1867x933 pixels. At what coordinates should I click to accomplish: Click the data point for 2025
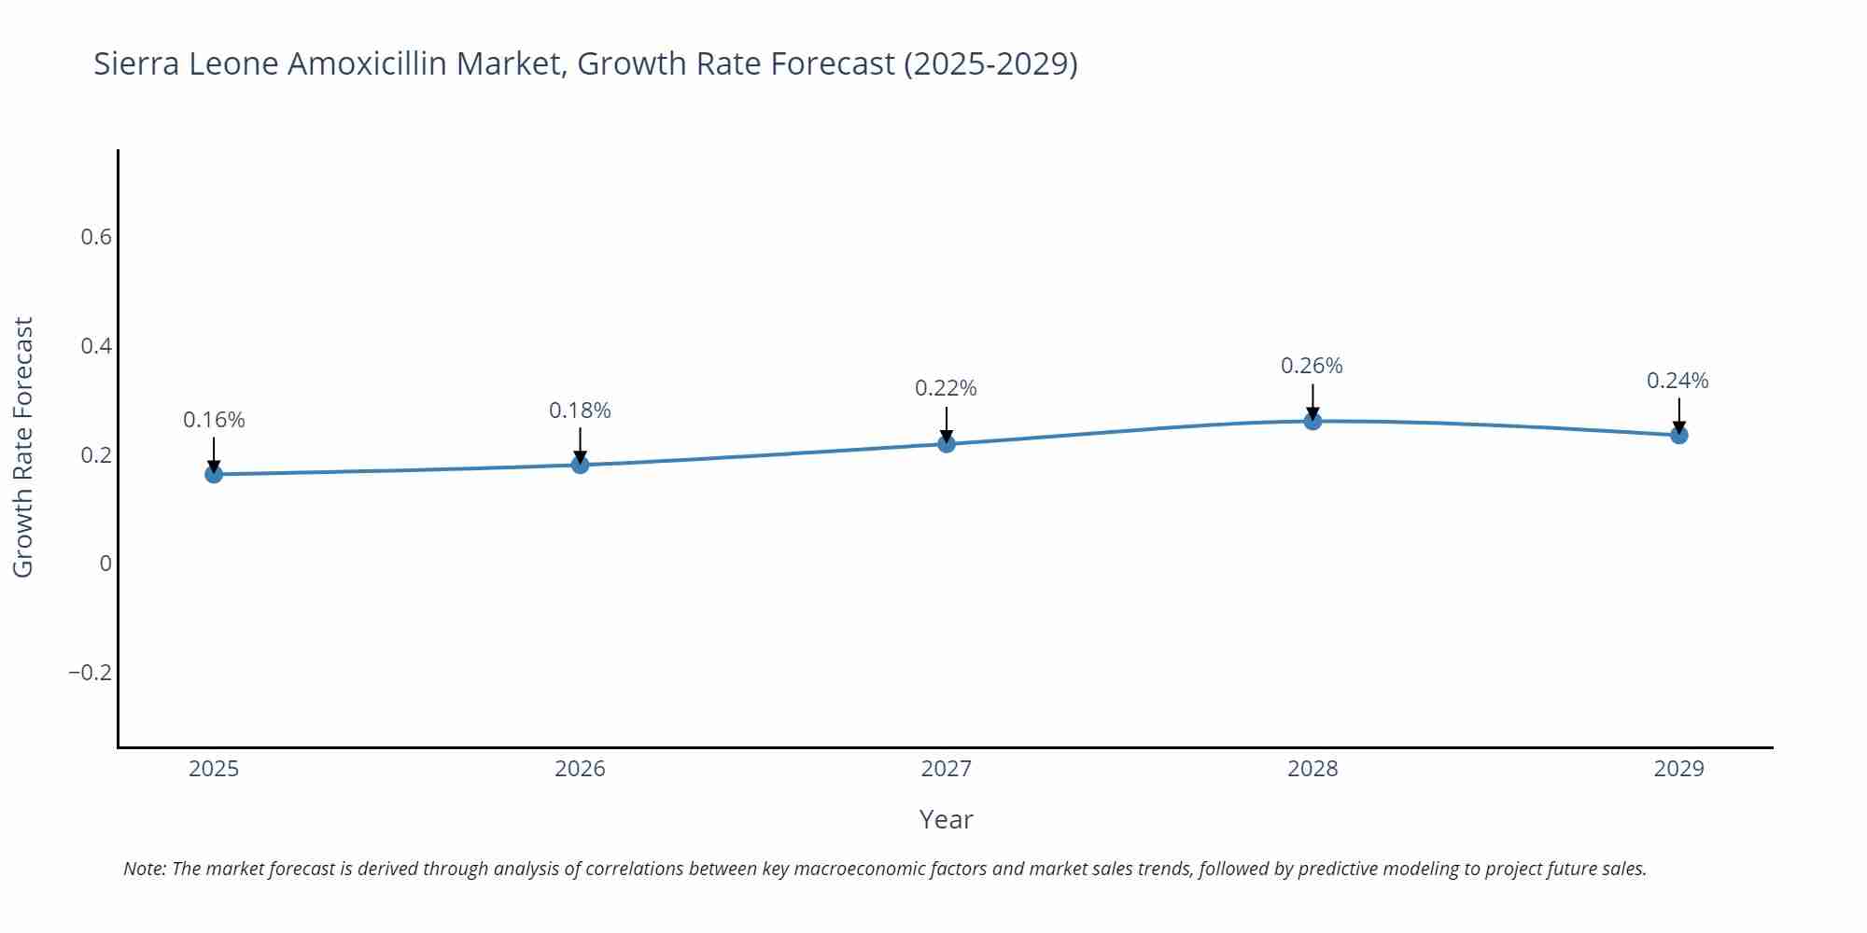pos(214,474)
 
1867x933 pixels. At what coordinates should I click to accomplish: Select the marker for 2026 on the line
pos(580,465)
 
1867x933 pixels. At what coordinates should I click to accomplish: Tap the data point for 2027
pos(947,443)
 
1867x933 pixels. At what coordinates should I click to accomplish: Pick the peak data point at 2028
pos(1313,421)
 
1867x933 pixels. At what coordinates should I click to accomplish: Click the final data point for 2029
pos(1678,435)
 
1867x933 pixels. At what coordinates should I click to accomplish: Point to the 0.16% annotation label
pos(214,420)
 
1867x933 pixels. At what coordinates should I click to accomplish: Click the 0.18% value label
pos(580,411)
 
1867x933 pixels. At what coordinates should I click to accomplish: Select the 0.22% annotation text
pos(946,388)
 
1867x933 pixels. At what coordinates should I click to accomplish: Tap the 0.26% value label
pos(1312,366)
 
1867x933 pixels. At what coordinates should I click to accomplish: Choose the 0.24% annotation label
pos(1677,381)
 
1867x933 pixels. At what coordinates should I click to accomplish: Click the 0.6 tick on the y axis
pos(96,237)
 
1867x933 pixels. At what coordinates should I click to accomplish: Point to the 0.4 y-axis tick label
pos(96,346)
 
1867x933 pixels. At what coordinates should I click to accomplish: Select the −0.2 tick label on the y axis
pos(90,673)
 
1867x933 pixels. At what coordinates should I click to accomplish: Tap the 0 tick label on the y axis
pos(105,564)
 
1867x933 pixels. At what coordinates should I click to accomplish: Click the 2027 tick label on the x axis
pos(946,769)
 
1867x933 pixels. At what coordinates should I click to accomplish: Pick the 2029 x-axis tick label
pos(1678,769)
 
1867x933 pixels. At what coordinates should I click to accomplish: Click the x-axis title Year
pos(946,819)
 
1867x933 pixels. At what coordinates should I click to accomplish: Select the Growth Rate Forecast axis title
pos(23,447)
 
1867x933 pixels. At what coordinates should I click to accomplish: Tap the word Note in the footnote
pos(144,869)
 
